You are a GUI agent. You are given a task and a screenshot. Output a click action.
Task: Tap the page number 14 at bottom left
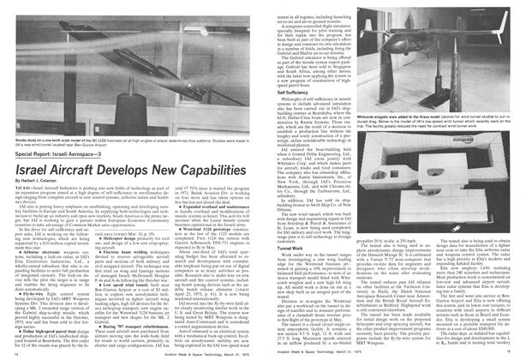(x=17, y=352)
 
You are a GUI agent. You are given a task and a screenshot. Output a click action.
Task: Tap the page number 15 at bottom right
(x=511, y=352)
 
